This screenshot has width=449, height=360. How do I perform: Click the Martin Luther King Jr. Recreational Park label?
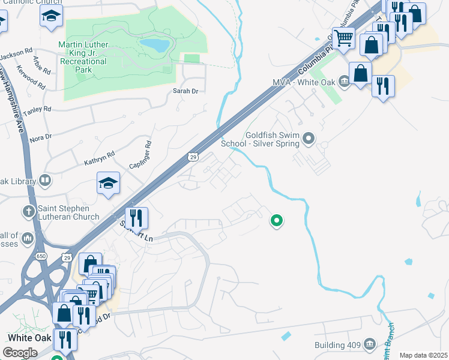pyautogui.click(x=83, y=57)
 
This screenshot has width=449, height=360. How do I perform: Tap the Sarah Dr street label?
pyautogui.click(x=185, y=91)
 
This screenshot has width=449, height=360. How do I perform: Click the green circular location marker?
pyautogui.click(x=277, y=221)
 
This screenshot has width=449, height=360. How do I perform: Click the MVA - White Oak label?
pyautogui.click(x=305, y=82)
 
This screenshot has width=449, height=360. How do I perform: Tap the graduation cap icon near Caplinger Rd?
pyautogui.click(x=108, y=183)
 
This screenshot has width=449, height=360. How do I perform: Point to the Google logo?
pyautogui.click(x=20, y=353)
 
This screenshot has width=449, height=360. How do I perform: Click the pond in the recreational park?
pyautogui.click(x=155, y=45)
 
